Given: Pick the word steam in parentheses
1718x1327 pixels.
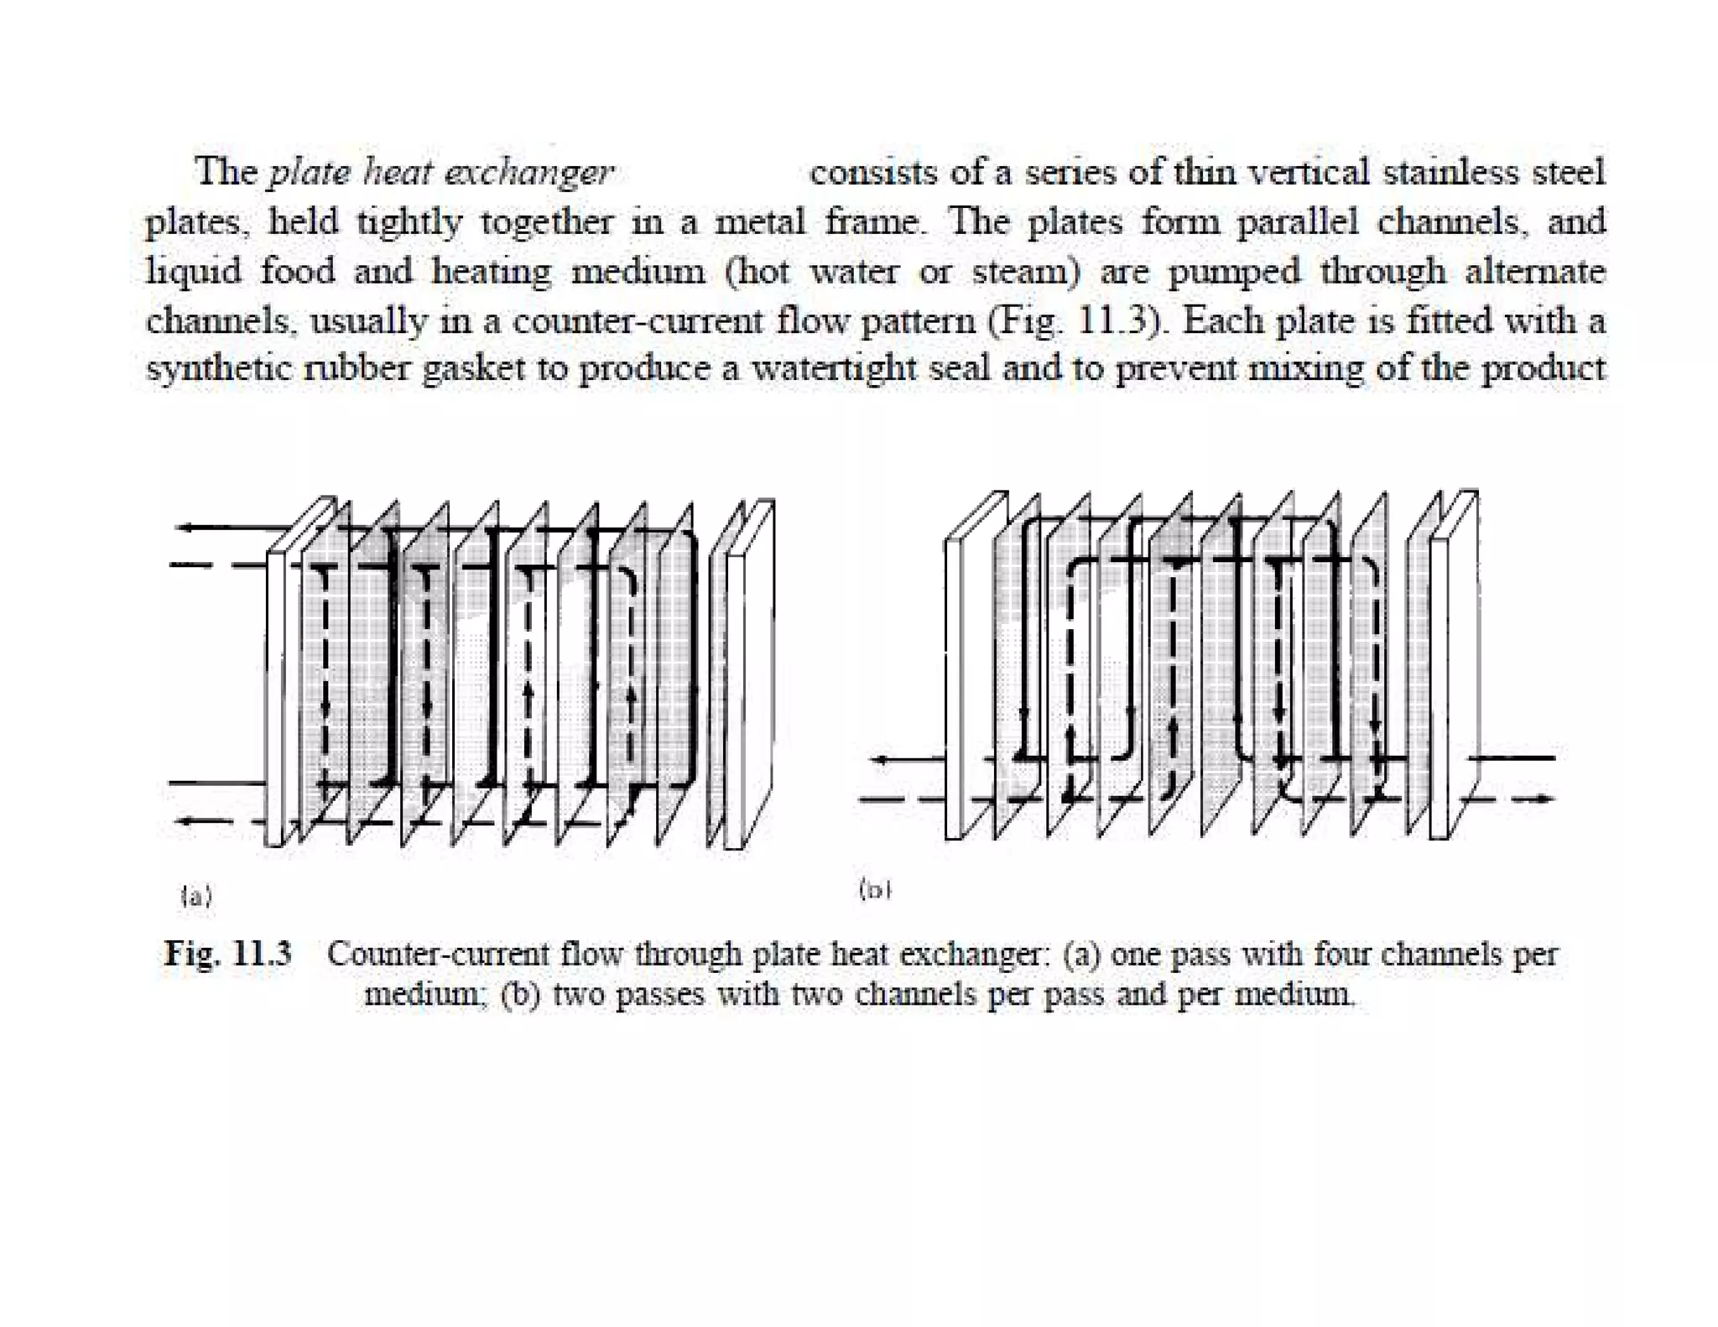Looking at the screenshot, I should pos(1024,272).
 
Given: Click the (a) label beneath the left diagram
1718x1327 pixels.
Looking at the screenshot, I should pos(196,897).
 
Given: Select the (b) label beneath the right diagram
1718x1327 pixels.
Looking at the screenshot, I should pos(874,889).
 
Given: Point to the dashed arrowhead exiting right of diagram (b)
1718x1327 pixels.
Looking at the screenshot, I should pos(1544,799).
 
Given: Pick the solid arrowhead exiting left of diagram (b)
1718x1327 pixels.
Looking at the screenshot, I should pos(880,760).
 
